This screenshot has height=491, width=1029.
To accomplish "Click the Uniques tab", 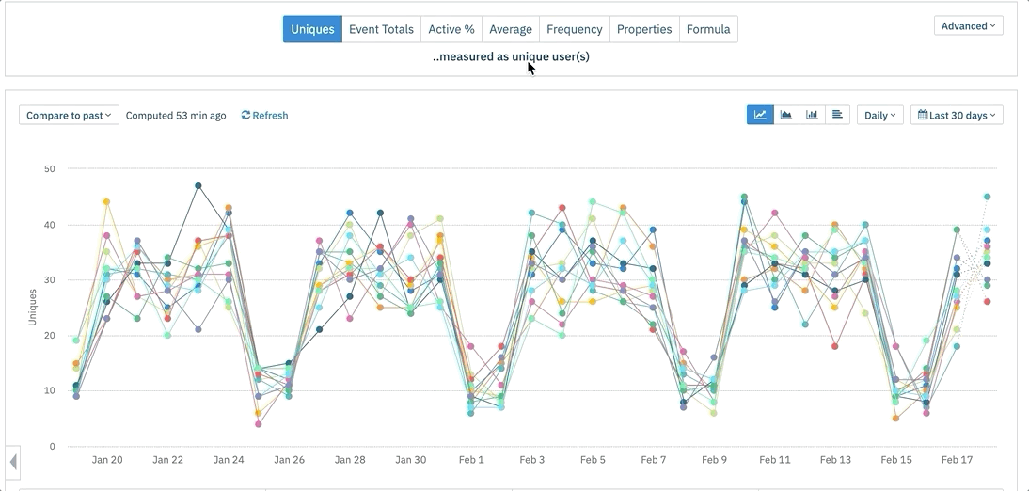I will click(x=312, y=29).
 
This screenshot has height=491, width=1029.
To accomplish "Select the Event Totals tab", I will click(x=381, y=29).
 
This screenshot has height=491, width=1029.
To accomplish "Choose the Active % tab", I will click(x=451, y=29).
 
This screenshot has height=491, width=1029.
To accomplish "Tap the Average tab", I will click(x=511, y=29).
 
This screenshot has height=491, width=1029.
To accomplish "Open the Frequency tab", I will click(x=574, y=29).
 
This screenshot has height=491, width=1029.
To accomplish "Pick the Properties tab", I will click(x=644, y=29).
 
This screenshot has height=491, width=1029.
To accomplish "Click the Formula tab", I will click(x=708, y=29).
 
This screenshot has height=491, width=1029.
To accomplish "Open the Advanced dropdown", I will click(x=968, y=26).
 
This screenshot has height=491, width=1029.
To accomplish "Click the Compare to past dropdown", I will click(x=69, y=116).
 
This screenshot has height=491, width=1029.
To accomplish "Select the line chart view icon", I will click(x=760, y=115).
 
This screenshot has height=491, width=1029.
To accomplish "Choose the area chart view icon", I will click(x=785, y=115).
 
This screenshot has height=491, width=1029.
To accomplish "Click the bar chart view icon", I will click(x=811, y=115).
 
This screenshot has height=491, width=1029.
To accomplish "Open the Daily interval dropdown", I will click(x=879, y=116).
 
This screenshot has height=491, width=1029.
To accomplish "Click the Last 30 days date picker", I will click(x=957, y=116).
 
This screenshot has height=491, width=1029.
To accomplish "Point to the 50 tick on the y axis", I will click(x=50, y=169).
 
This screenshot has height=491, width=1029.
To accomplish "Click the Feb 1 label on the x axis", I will click(x=471, y=460).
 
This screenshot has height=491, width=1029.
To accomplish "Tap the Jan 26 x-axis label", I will click(x=290, y=460).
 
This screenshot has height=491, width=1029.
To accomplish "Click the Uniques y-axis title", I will click(x=33, y=308).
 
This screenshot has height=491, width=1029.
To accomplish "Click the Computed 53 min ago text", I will click(x=176, y=116).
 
